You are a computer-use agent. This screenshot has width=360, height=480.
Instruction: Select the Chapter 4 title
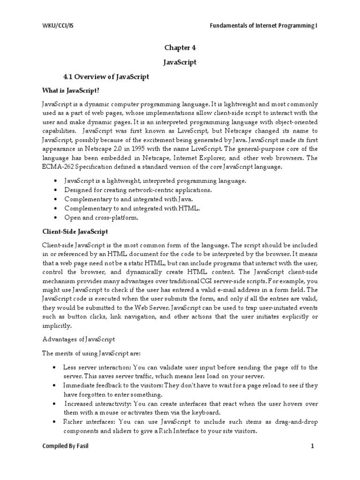pos(180,47)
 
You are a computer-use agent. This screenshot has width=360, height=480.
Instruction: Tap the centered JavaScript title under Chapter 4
pos(180,62)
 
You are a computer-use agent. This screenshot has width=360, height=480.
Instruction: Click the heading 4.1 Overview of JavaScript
pos(106,76)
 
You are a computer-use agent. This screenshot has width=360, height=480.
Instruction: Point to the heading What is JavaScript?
pos(69,91)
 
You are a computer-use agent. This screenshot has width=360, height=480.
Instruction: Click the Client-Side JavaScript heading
pos(75,232)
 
